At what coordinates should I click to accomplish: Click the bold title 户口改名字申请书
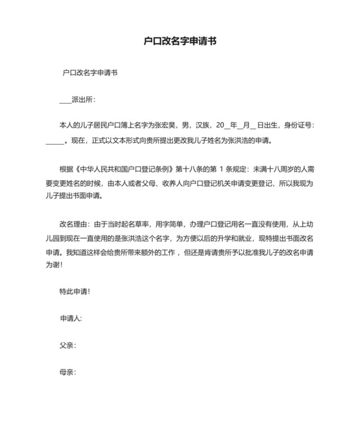[x=180, y=41]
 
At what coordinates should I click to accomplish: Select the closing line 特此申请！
[x=75, y=291]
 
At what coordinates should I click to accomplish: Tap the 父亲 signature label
[x=66, y=345]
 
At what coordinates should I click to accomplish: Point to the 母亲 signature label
[x=66, y=372]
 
